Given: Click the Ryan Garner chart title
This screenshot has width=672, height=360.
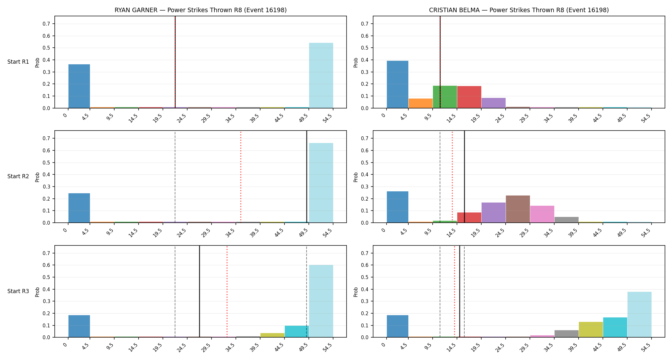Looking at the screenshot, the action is click(201, 10).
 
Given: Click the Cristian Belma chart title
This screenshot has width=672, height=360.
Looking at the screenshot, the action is click(519, 10).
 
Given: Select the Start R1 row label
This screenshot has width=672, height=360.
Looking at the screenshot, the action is click(18, 62).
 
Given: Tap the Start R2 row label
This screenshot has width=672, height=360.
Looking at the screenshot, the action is click(18, 176).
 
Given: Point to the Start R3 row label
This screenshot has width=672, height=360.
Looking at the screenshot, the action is click(18, 291).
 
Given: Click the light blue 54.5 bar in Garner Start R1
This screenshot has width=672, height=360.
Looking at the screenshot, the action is click(321, 76).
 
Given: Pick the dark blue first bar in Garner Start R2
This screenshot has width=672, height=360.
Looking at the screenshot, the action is click(79, 208).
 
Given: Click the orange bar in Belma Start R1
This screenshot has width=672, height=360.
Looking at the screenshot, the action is click(420, 103).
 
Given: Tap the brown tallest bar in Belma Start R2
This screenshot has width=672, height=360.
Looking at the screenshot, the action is click(518, 209).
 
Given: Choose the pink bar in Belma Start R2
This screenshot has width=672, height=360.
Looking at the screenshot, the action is click(542, 214).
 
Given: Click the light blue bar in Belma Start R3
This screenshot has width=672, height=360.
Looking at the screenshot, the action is click(639, 315).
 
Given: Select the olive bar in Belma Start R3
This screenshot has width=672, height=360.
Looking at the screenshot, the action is click(591, 330).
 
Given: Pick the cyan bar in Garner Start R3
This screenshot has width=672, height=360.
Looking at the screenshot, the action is click(297, 332).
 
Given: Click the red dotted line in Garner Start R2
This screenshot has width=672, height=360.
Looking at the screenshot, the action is click(241, 177).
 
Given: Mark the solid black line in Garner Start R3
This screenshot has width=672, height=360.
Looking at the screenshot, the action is click(199, 291).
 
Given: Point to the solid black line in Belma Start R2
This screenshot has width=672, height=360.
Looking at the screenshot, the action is click(464, 177).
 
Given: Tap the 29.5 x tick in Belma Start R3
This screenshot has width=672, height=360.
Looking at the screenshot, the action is click(524, 347).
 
